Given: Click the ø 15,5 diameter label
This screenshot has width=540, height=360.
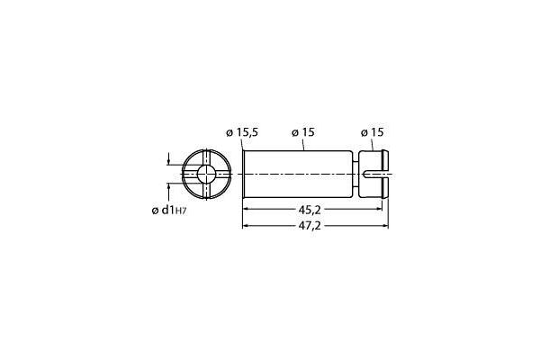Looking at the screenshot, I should (242, 132).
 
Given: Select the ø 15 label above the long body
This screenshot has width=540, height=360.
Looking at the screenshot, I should (302, 132).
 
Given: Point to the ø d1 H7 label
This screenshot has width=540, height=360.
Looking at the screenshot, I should (168, 211).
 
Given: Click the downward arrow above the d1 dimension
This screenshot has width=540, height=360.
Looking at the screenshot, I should (168, 162).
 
